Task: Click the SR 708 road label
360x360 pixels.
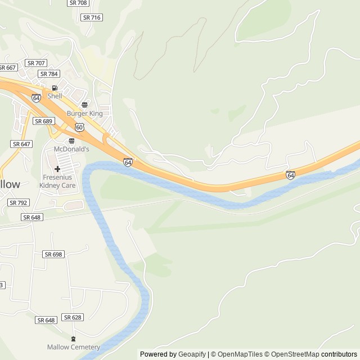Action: pos(78,3)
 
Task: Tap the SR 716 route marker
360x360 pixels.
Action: pos(92,17)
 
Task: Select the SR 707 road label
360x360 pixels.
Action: pos(37,63)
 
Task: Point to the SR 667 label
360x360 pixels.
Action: pos(8,67)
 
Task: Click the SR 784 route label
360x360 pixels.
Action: pos(49,74)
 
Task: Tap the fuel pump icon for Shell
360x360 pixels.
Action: pos(55,88)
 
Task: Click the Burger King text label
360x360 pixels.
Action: pos(85,114)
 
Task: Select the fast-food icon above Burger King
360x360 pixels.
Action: pos(85,105)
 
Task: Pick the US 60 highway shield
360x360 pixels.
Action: pos(80,127)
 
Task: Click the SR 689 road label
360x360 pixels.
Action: pos(43,121)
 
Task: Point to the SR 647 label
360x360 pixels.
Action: pos(21,144)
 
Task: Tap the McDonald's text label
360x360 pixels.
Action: pos(71,149)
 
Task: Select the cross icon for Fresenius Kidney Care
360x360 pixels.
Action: pos(57,169)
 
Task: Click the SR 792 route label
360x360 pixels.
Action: pos(19,202)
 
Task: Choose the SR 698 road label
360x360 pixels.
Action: pos(53,254)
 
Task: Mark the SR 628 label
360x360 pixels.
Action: pos(73,317)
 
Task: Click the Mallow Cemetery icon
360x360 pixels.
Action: pos(73,339)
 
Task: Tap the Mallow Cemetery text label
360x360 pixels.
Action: pos(73,347)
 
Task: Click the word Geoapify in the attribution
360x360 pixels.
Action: pos(192,354)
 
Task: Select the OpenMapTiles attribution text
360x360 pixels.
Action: pos(240,354)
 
